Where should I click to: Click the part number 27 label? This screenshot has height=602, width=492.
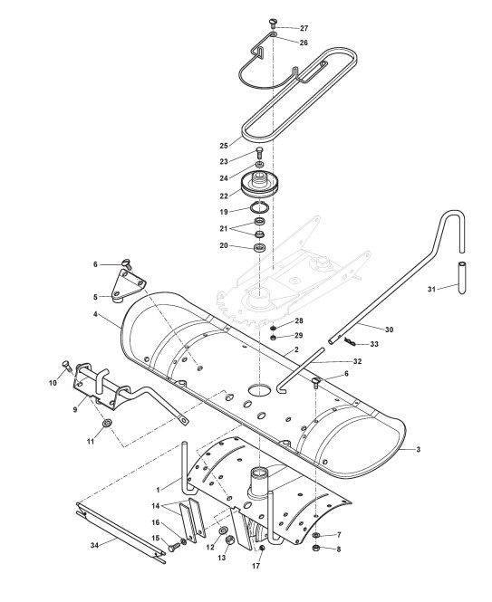pyautogui.click(x=304, y=28)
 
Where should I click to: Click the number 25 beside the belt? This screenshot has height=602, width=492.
pyautogui.click(x=224, y=146)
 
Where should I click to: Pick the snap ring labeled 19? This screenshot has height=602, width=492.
pyautogui.click(x=259, y=207)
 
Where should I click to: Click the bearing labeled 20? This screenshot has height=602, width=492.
pyautogui.click(x=260, y=248)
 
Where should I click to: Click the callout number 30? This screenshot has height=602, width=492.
pyautogui.click(x=389, y=330)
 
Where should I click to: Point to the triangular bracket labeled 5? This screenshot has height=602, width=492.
pyautogui.click(x=128, y=286)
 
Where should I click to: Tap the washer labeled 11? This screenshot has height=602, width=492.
pyautogui.click(x=106, y=423)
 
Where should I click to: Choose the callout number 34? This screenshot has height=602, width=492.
pyautogui.click(x=94, y=545)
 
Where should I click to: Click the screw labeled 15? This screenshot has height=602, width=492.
pyautogui.click(x=174, y=548)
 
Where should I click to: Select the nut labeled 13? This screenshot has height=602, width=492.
pyautogui.click(x=228, y=540)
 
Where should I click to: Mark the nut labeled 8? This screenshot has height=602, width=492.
pyautogui.click(x=316, y=548)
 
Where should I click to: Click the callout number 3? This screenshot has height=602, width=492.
pyautogui.click(x=419, y=449)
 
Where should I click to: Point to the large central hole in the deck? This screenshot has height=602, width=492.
pyautogui.click(x=259, y=389)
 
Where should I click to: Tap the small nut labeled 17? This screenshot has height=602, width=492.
pyautogui.click(x=262, y=548)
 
